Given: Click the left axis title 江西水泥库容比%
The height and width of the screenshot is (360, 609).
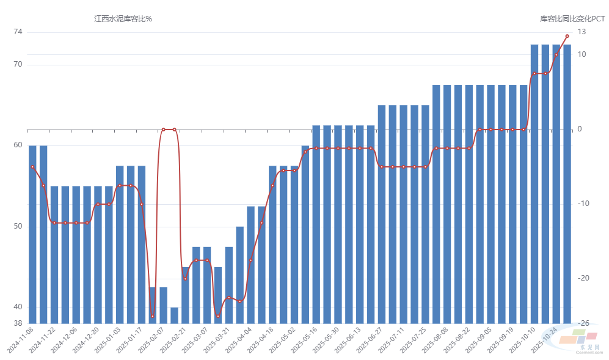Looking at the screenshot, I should (x=123, y=19).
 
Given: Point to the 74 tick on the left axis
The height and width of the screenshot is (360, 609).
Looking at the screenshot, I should (x=17, y=32).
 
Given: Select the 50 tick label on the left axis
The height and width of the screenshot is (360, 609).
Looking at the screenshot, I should (x=17, y=226).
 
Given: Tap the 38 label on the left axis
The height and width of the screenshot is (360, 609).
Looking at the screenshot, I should (x=17, y=323).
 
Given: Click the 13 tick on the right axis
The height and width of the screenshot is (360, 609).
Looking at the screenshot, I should (x=582, y=32).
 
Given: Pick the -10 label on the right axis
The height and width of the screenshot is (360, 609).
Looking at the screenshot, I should (x=583, y=204).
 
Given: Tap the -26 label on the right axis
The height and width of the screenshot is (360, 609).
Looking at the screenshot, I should (x=583, y=323).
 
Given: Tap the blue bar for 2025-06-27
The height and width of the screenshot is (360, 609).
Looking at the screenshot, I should (x=382, y=214).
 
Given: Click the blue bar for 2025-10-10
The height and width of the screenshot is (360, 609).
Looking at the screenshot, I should (x=534, y=183).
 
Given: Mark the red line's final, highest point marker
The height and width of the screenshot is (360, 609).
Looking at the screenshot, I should (x=567, y=36).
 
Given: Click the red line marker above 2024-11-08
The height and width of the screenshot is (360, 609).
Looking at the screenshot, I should (x=32, y=167).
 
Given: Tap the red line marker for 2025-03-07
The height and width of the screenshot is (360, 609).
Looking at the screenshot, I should (x=207, y=260).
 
